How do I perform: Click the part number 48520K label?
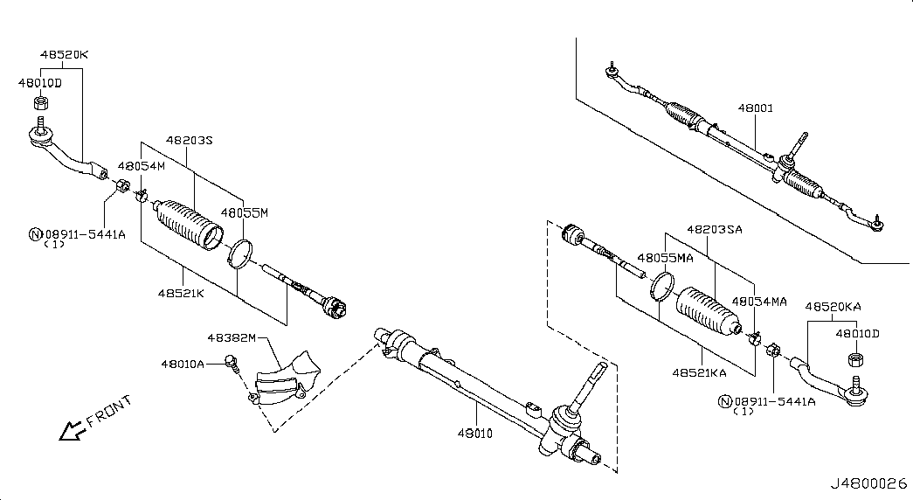[x=64, y=55]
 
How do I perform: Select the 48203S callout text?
[x=190, y=141]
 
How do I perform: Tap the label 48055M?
[x=245, y=213]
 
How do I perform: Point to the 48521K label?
[x=181, y=293]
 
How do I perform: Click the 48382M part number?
[x=232, y=338]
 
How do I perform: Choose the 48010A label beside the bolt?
[x=183, y=365]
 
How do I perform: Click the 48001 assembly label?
[x=755, y=108]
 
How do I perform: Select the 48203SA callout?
[x=715, y=230]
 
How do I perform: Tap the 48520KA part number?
[x=833, y=307]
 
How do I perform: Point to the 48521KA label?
[x=699, y=373]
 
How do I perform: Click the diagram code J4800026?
[x=868, y=483]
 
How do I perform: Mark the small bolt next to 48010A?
[x=232, y=363]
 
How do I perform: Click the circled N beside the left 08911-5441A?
[x=36, y=235]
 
